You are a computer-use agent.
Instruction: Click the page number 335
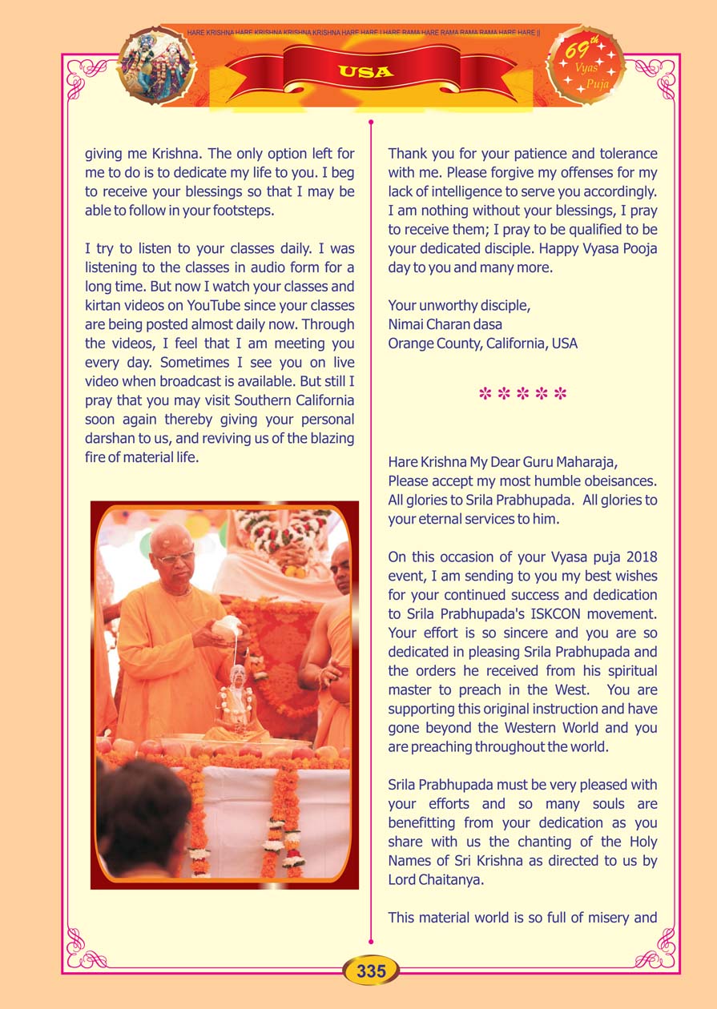pyautogui.click(x=372, y=971)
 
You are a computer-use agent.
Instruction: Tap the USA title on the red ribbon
pyautogui.click(x=365, y=71)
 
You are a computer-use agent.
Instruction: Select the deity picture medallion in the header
pyautogui.click(x=157, y=65)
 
